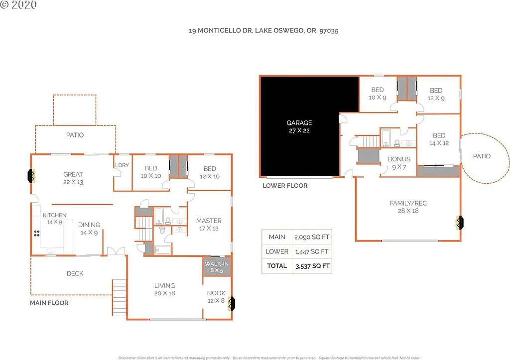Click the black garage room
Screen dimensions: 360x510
point(299,126)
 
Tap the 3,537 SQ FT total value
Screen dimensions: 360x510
point(312,266)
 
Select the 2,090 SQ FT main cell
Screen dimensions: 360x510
point(312,237)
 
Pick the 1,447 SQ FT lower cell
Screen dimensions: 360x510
point(312,251)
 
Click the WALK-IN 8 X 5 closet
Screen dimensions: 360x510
point(217,266)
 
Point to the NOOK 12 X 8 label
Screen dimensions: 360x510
point(216,297)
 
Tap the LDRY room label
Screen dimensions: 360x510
point(122,165)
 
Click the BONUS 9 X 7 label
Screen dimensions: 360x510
point(399,163)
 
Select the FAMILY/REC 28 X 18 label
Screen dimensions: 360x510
point(408,207)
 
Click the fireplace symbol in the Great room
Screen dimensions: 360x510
point(31,176)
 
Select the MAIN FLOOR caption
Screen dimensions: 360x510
point(49,303)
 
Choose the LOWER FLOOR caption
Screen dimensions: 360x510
point(285,186)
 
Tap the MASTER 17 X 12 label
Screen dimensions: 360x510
point(209,225)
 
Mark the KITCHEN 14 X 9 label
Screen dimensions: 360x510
point(54,218)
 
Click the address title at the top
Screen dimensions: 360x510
point(264,30)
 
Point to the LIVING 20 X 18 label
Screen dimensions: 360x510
point(164,289)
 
